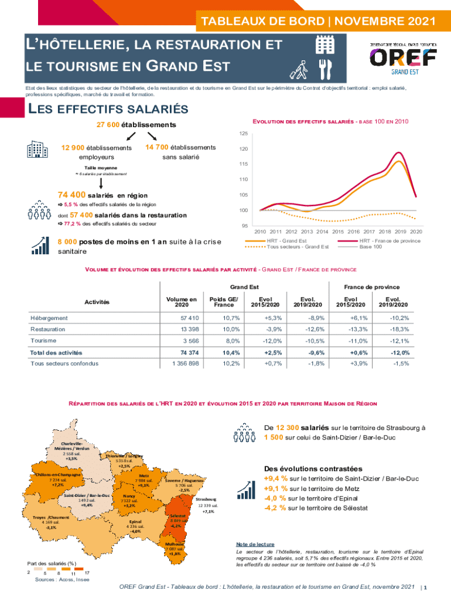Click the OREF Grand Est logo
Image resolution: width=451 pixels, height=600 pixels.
[x=402, y=58]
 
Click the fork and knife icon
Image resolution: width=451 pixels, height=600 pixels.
[x=324, y=69]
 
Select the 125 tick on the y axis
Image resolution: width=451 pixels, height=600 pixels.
[x=243, y=133]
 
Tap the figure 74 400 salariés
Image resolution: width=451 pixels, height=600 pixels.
[x=72, y=195]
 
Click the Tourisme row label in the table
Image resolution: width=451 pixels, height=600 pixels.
[x=43, y=340]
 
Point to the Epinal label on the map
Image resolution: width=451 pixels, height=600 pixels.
[x=135, y=521]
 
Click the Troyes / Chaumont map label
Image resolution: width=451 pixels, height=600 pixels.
[x=51, y=517]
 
